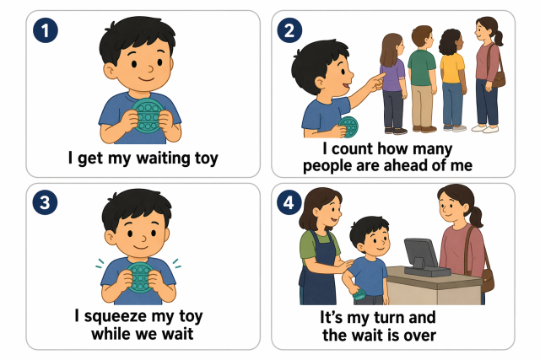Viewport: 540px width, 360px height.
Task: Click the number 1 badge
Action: coord(46,30)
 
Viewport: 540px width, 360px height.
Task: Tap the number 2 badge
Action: coord(289,30)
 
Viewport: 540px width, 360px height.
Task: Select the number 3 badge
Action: coord(45,202)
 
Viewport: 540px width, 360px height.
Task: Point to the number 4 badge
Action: coord(289,202)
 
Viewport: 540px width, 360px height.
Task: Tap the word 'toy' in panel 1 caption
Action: coord(206,159)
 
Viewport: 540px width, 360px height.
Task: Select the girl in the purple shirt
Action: coord(392,83)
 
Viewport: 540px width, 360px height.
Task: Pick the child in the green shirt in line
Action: coord(422,78)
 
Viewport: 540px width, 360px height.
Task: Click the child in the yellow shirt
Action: coord(452,80)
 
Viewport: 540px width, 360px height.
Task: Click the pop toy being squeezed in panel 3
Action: coord(140,277)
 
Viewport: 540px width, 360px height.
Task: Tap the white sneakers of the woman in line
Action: coord(485,129)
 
